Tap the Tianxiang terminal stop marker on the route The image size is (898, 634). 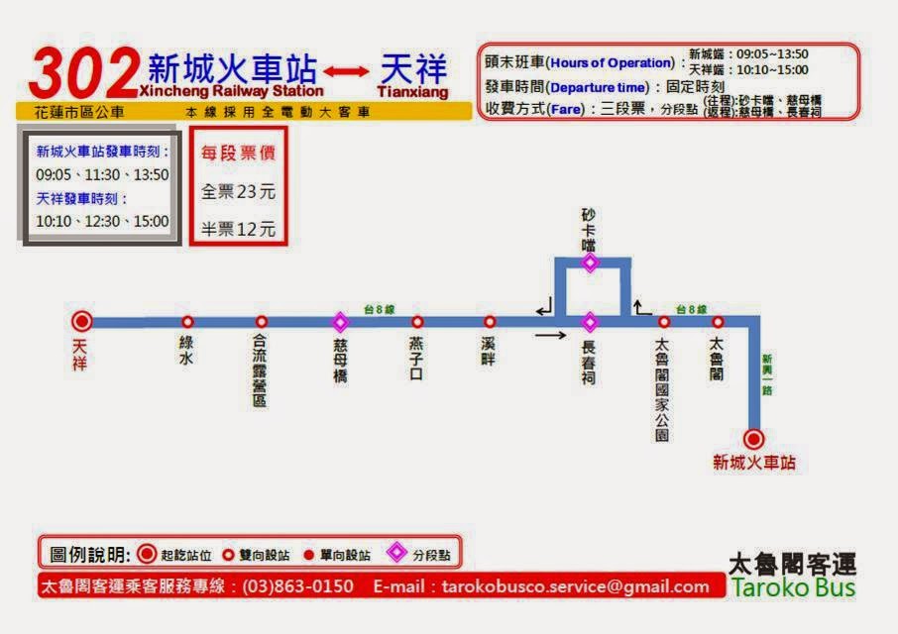pyautogui.click(x=82, y=321)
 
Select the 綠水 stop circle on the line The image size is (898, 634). pyautogui.click(x=187, y=322)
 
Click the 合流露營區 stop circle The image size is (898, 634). pyautogui.click(x=262, y=322)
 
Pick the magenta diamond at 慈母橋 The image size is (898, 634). pyautogui.click(x=340, y=322)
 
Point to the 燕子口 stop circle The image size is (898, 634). pyautogui.click(x=417, y=322)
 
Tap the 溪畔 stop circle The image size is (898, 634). pyautogui.click(x=490, y=322)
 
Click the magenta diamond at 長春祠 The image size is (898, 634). pyautogui.click(x=590, y=322)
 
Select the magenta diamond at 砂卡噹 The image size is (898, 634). pyautogui.click(x=590, y=263)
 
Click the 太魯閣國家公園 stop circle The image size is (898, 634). pyautogui.click(x=664, y=322)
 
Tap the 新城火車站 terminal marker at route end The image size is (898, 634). pyautogui.click(x=754, y=439)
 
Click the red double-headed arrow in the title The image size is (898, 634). pyautogui.click(x=345, y=71)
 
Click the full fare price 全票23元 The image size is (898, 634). pyautogui.click(x=238, y=191)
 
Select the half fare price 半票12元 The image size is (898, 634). pyautogui.click(x=238, y=229)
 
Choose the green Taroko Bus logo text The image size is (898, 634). pyautogui.click(x=792, y=587)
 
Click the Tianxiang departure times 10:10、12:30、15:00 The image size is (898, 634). pyautogui.click(x=102, y=221)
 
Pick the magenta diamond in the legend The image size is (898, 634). pyautogui.click(x=397, y=554)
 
